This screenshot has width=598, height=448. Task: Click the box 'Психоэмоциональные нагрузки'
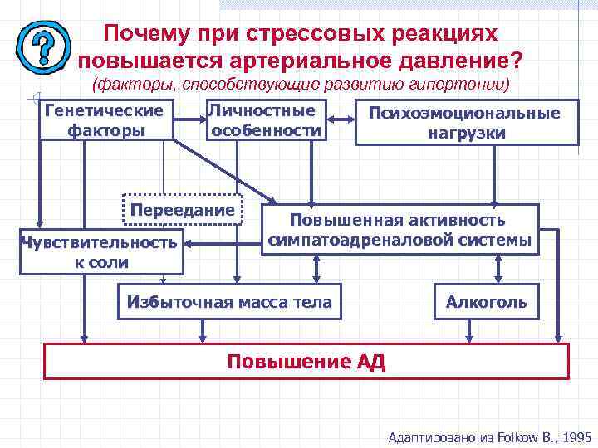466,123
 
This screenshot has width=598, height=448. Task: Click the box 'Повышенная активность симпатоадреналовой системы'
398,230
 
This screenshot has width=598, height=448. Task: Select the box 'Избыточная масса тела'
229,302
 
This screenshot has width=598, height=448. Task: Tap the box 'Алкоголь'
486,302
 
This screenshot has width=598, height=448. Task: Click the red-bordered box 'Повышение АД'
306,362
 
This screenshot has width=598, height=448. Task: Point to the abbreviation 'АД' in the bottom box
371,362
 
